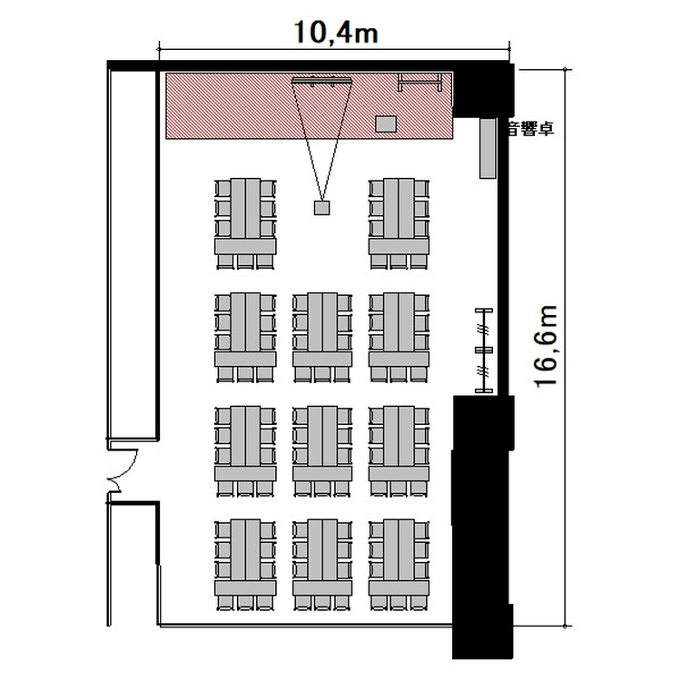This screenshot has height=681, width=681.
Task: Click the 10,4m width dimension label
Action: point(336,32)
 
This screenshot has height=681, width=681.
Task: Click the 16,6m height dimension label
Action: point(546,346)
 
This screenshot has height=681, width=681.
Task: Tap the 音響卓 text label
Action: point(531,129)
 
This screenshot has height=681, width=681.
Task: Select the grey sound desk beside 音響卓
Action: point(488,148)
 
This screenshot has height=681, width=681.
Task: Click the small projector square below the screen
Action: point(321,208)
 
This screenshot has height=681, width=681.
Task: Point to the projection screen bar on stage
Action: point(321,80)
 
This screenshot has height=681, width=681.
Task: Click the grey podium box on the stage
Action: point(386,123)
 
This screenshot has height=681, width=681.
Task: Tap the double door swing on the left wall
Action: point(123,471)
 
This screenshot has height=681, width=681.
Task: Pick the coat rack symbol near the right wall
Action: point(484,350)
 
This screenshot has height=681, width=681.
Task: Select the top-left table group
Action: point(245,223)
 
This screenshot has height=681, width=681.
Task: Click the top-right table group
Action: point(399,223)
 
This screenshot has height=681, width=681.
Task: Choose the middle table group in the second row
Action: point(322,338)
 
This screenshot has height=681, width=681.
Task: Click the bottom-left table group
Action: point(245,565)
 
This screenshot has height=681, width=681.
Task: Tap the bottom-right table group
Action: point(399,565)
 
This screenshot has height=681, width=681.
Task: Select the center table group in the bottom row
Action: point(322,565)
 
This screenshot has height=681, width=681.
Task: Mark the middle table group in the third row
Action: point(322,451)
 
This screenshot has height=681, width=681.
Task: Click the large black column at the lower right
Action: point(482,527)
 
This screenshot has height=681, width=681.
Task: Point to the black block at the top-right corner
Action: point(483,90)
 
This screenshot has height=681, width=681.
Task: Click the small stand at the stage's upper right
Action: point(420,82)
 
